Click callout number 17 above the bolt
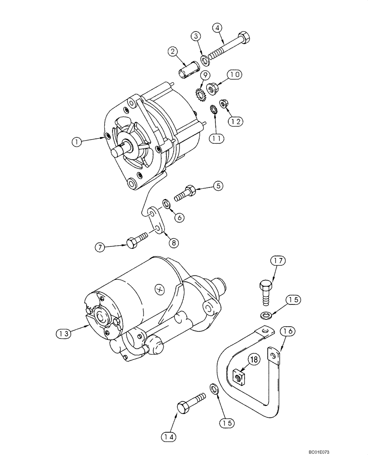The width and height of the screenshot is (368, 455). [x=278, y=261]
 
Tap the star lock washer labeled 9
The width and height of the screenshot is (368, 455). [x=199, y=95]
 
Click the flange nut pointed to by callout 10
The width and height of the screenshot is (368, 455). [x=212, y=89]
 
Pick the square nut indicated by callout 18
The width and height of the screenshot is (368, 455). [x=238, y=376]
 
